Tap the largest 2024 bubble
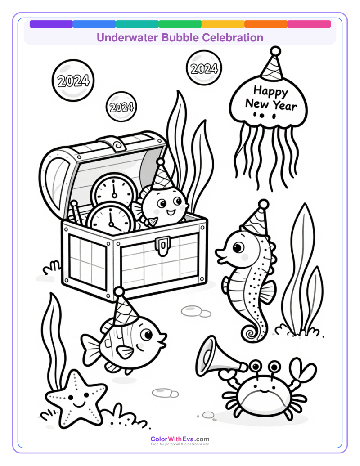[73, 81]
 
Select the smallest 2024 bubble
[121, 107]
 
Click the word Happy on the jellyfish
[270, 92]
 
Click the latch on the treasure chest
[162, 246]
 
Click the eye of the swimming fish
[146, 335]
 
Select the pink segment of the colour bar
[309, 24]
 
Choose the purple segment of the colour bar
[51, 24]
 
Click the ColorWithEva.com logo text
[180, 439]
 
